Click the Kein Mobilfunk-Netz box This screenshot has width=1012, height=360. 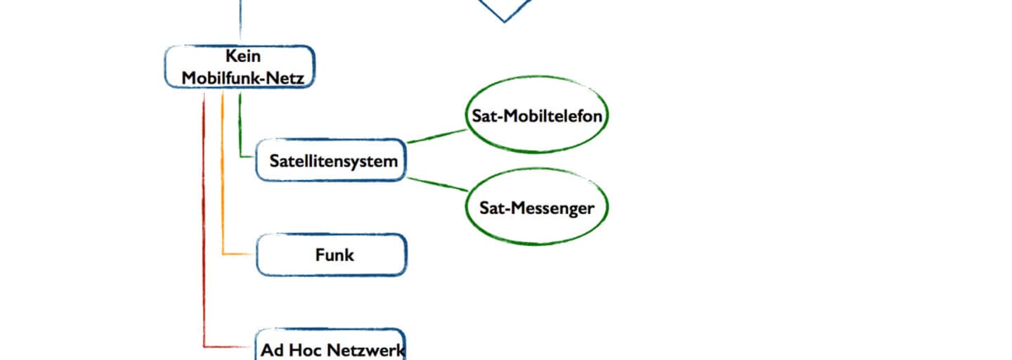tap(240, 67)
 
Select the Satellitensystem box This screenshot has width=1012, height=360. tap(331, 160)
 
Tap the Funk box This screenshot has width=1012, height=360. tap(331, 255)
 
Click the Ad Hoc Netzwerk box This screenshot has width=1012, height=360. tap(331, 346)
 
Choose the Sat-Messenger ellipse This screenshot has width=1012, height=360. tap(537, 207)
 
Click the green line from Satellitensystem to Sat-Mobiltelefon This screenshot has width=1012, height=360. tap(437, 136)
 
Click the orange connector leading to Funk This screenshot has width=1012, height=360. tap(223, 197)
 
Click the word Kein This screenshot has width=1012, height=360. tap(242, 56)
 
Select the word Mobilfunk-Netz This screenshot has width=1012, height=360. tap(242, 78)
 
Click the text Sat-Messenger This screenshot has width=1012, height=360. tap(537, 207)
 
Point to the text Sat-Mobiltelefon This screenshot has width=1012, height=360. tap(537, 116)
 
